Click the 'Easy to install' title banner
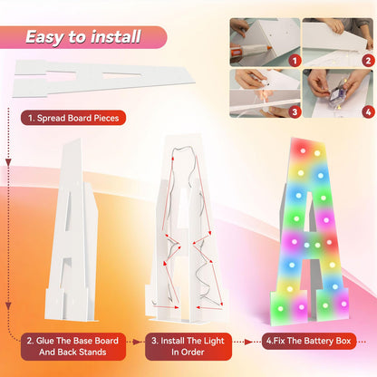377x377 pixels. [x=83, y=37]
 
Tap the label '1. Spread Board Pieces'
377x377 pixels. [x=73, y=118]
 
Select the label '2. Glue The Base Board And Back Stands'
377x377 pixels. [x=72, y=346]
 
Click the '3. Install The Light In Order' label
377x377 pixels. [x=188, y=346]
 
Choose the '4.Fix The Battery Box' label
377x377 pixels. [x=309, y=341]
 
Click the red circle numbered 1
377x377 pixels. [x=295, y=61]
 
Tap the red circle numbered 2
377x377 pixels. [x=368, y=61]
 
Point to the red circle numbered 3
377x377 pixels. [x=295, y=112]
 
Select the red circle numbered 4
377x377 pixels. [x=368, y=112]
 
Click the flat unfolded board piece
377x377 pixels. [x=102, y=79]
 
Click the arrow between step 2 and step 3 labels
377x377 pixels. [x=135, y=342]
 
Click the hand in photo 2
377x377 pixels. [x=335, y=25]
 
